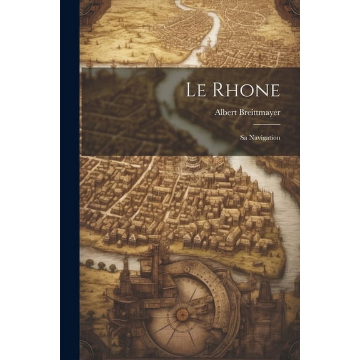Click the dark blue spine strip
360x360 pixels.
pos(69,180)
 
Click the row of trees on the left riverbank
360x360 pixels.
pos(101,265)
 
